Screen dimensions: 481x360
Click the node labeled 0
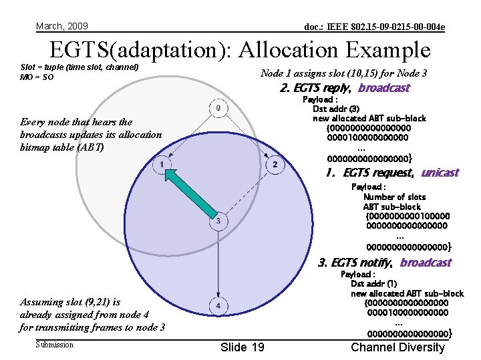218,107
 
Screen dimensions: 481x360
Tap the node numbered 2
275,164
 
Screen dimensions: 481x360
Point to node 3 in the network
218,221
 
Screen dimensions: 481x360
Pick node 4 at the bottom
218,306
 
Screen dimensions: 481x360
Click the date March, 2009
62,26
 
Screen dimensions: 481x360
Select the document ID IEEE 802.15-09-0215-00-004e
375,27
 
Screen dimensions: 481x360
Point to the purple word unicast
440,173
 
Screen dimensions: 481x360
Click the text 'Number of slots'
394,197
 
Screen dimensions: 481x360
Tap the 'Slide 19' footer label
242,347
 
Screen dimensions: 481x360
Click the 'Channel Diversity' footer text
397,347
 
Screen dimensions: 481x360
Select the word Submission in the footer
55,345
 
